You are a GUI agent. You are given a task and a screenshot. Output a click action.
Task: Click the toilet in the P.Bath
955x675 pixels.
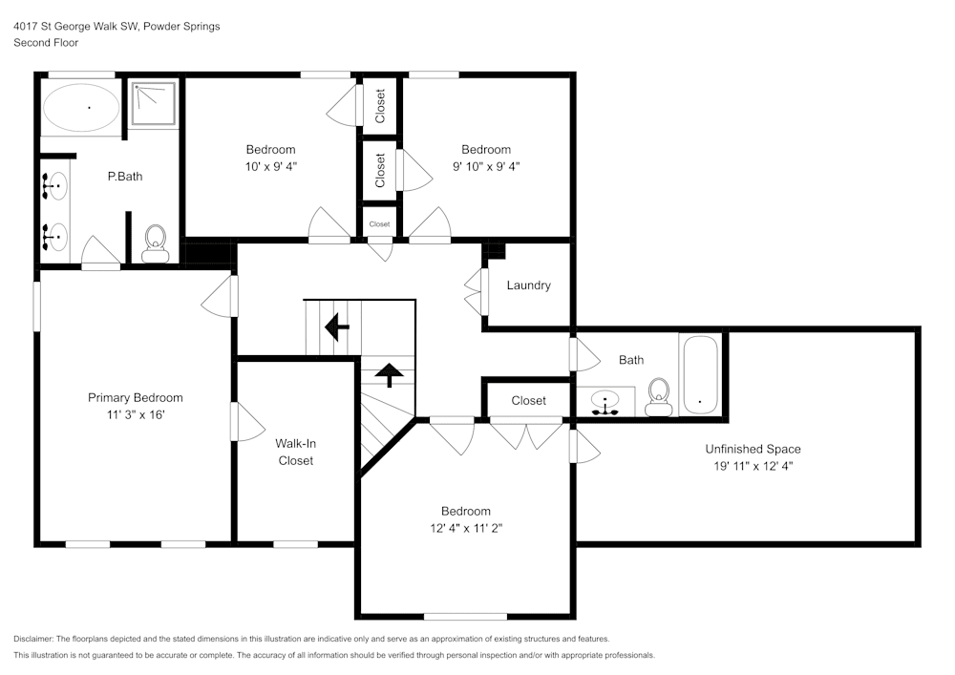(x=155, y=243)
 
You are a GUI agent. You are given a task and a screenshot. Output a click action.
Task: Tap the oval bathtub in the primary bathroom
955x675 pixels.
(x=81, y=108)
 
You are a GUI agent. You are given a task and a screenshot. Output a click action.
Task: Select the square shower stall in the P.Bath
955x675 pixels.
(x=153, y=103)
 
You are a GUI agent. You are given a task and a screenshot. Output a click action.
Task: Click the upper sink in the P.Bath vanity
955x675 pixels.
(x=56, y=186)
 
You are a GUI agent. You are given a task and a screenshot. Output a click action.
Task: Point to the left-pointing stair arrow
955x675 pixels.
(x=336, y=327)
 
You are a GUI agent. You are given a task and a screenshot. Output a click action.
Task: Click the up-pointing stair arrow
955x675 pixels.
(x=389, y=374)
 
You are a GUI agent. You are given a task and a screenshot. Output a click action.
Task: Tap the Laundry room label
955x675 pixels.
(x=528, y=285)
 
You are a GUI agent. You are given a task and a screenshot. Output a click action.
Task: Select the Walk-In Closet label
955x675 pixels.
(x=295, y=452)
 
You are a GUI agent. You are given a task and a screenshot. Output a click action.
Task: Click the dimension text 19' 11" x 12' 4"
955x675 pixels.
(x=753, y=466)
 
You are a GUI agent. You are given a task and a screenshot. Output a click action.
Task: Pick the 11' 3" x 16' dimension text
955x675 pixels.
(x=135, y=415)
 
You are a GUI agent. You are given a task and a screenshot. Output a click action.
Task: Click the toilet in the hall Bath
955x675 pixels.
(x=659, y=397)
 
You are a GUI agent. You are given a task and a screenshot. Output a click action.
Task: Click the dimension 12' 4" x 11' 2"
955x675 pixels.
(x=465, y=528)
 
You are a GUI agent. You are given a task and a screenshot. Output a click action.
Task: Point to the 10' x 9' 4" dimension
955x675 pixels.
(x=270, y=166)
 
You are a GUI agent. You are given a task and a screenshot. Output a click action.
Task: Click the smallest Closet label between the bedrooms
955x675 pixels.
(x=380, y=224)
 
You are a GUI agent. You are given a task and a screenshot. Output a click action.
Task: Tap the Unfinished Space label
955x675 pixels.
(x=753, y=449)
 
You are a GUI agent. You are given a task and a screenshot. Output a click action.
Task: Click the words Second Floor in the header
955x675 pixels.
(x=46, y=43)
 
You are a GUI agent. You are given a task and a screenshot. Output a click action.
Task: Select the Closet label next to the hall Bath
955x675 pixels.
(x=528, y=401)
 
